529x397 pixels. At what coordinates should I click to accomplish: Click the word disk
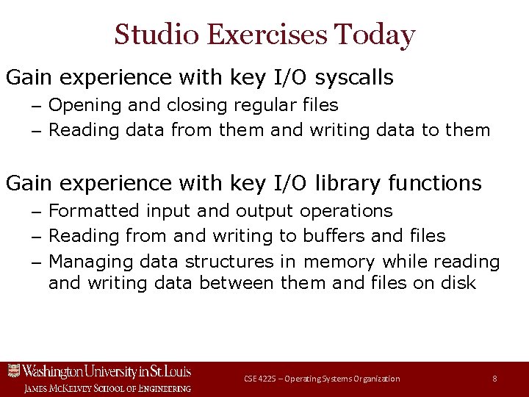point(457,282)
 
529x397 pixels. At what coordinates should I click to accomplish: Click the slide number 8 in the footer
point(494,379)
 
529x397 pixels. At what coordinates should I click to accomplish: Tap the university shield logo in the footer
point(12,371)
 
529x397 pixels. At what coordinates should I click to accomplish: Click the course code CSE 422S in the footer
point(260,379)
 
